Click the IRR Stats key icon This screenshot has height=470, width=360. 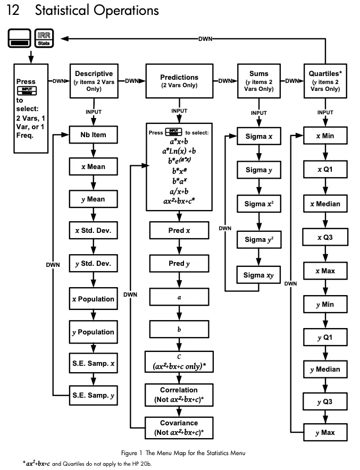click(44, 38)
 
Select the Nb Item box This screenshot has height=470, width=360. click(93, 135)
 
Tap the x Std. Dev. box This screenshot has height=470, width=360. click(93, 230)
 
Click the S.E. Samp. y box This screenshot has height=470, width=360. click(93, 396)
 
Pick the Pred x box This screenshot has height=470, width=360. click(179, 230)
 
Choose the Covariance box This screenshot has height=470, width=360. click(179, 428)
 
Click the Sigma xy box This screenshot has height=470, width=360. click(258, 275)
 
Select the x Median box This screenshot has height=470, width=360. click(325, 204)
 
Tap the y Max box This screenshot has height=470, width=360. click(325, 432)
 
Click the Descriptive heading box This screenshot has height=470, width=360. click(94, 81)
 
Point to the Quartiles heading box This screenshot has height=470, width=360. click(325, 81)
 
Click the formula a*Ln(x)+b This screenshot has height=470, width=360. click(179, 151)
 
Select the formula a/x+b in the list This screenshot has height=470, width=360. click(179, 191)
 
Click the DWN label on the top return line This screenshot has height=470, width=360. click(205, 39)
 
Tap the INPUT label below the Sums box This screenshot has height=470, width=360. click(258, 113)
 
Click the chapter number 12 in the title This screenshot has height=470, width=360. click(13, 10)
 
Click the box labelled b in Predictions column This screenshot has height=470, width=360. click(179, 329)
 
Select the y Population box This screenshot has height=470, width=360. click(93, 332)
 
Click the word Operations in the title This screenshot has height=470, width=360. click(126, 11)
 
